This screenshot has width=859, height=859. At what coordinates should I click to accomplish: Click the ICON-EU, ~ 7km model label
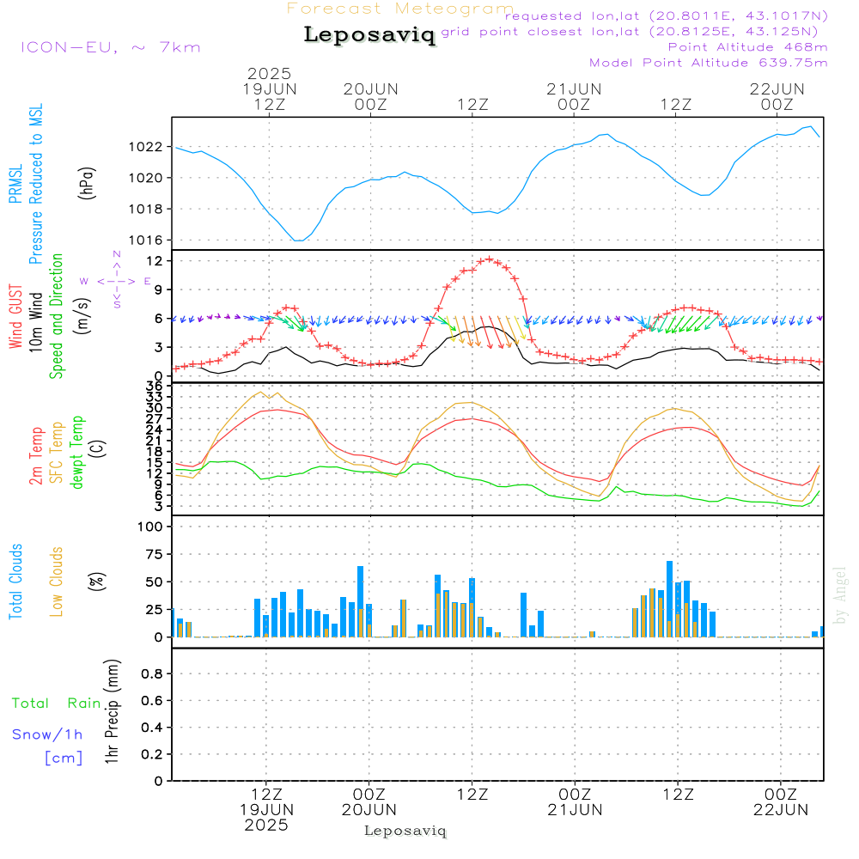tap(111, 47)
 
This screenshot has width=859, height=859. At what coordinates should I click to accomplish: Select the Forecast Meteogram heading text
tap(400, 9)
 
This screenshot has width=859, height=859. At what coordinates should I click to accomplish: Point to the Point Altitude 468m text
tap(747, 46)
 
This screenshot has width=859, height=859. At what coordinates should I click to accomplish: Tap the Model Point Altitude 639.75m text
tap(709, 62)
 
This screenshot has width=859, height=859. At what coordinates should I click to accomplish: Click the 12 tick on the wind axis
tap(155, 260)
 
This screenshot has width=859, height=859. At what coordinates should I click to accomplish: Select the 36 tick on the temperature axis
tap(155, 387)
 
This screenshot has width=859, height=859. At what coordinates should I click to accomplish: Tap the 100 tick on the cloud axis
tap(150, 527)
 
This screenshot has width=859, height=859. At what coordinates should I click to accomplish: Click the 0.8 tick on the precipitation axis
tap(152, 674)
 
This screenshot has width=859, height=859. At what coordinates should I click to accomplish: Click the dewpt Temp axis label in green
tap(77, 453)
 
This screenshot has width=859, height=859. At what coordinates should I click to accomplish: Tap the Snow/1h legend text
tap(48, 734)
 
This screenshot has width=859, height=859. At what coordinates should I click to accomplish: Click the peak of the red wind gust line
tap(490, 259)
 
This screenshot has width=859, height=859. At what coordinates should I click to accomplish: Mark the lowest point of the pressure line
tap(298, 241)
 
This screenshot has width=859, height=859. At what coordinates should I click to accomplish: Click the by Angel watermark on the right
tap(841, 595)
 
